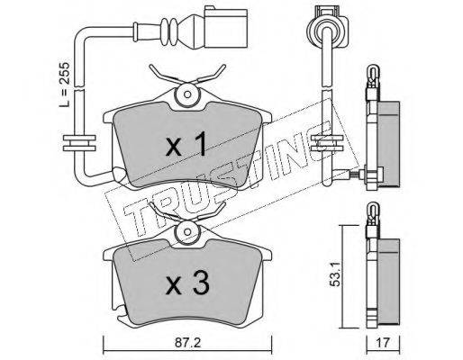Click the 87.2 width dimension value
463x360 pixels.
tap(187, 342)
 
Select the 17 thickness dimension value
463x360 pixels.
tap(383, 342)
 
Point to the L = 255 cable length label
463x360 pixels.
tap(65, 85)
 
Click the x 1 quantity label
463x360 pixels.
tap(186, 144)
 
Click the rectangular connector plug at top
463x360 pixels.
tap(226, 28)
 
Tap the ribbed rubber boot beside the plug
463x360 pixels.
tap(169, 32)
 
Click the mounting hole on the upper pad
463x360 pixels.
tap(187, 94)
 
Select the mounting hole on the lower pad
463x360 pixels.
tap(187, 232)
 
